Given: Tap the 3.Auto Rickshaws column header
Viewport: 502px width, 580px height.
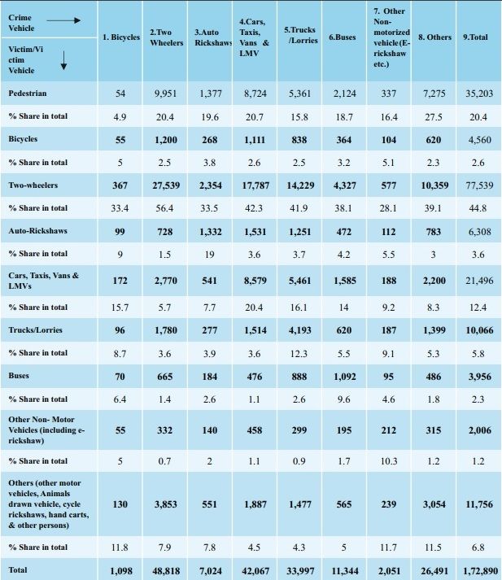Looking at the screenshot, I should coord(214,37).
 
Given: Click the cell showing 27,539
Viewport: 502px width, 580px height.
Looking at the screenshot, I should coord(166,185).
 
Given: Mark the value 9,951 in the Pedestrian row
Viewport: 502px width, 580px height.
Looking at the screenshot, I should coord(166,94).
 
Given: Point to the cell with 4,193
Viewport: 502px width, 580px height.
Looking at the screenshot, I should coord(299,329).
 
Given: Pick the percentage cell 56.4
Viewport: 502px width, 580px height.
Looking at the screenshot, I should coord(166,208).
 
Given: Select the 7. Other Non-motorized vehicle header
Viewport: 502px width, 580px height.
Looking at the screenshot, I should coord(389,37).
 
